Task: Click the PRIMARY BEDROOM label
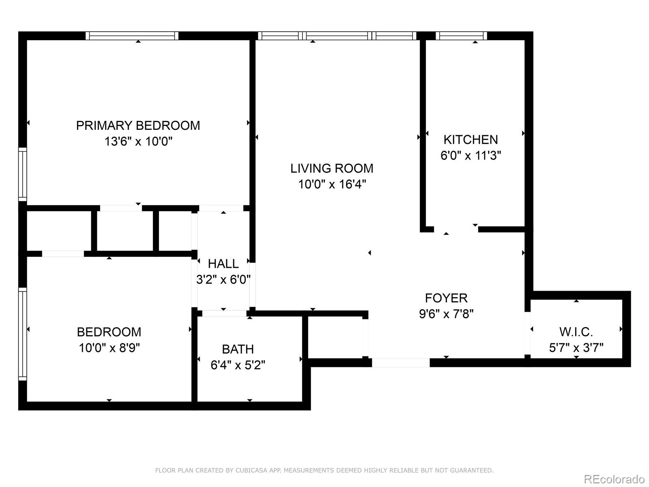[x=138, y=125]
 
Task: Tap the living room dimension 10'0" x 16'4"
[x=332, y=185]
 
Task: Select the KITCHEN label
[x=471, y=140]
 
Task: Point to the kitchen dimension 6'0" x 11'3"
[x=471, y=155]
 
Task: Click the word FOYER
[x=446, y=298]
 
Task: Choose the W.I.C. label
[x=576, y=332]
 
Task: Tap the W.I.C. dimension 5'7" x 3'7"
[x=576, y=348]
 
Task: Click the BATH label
[x=238, y=349]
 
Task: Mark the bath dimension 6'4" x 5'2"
[x=238, y=365]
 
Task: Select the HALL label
[x=223, y=264]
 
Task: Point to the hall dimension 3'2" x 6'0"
[x=223, y=280]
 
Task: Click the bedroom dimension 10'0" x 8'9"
[x=109, y=348]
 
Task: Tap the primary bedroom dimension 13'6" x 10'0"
[x=138, y=142]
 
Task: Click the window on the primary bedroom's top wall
[x=132, y=36]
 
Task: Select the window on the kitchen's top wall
[x=461, y=36]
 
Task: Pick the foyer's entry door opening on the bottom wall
[x=401, y=362]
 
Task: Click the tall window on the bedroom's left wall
[x=23, y=334]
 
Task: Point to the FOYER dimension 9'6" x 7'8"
[x=446, y=314]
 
